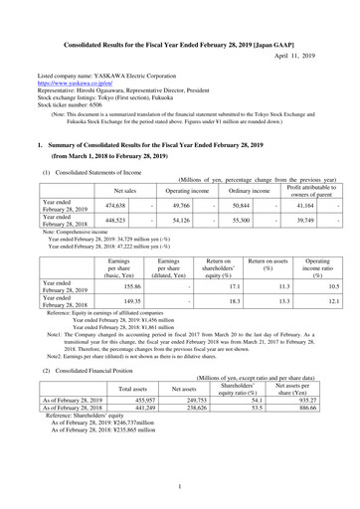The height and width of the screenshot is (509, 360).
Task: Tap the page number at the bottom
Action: [x=180, y=486]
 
